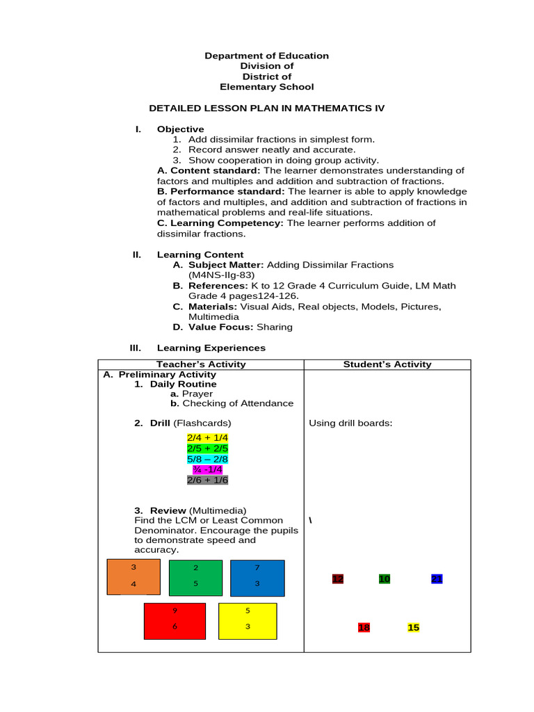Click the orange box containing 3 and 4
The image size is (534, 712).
point(133,576)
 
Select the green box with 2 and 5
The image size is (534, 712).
point(195,578)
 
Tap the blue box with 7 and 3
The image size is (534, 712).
point(257,578)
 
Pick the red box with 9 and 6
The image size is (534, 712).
point(175,621)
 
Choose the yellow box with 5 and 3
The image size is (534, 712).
point(248,621)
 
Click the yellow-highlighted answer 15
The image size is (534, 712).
point(414,627)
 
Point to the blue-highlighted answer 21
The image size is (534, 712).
point(437,578)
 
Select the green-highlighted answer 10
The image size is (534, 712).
point(385,578)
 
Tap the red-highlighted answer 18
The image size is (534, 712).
point(364,627)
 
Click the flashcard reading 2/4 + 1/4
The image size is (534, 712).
point(207,437)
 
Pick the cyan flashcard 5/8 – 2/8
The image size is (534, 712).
point(207,459)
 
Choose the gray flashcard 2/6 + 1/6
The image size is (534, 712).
point(207,480)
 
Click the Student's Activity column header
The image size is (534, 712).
point(387,364)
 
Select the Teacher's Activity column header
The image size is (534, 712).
point(201,364)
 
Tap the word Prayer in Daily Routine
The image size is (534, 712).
point(197,394)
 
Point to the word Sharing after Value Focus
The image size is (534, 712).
point(275,327)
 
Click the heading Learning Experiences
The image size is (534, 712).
point(211,348)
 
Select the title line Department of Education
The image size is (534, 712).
point(266,56)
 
